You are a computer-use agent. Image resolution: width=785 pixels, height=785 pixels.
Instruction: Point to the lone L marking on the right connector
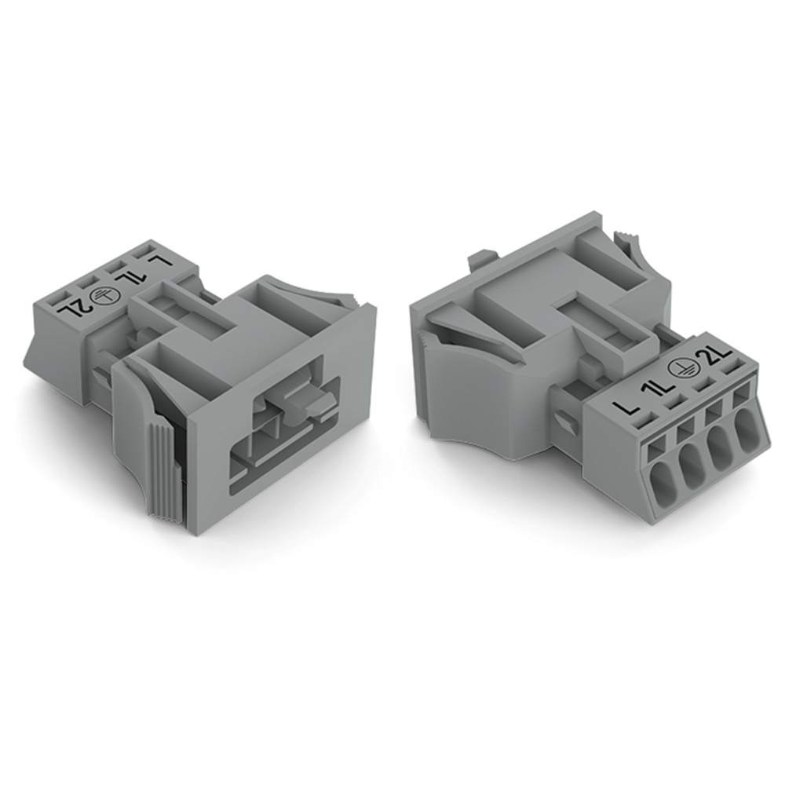625,403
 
